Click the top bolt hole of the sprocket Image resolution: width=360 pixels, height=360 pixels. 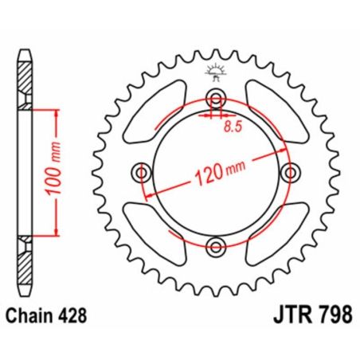(x=213, y=99)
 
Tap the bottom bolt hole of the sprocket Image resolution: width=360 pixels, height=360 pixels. (x=213, y=244)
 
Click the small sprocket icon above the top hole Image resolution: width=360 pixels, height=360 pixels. (x=213, y=72)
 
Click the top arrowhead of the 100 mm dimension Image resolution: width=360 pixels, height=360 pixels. (x=57, y=112)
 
